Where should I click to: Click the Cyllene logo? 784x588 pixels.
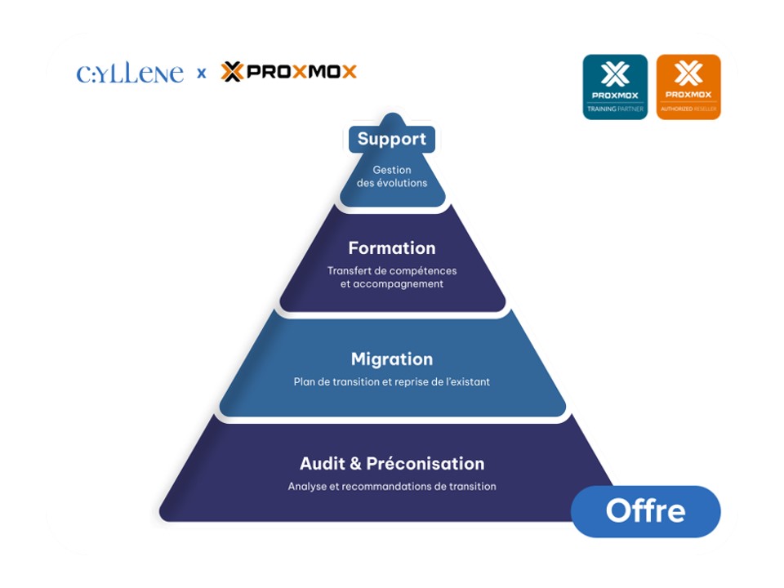(130, 73)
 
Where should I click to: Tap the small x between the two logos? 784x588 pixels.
(201, 73)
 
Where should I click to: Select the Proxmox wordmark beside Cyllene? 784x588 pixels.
(289, 72)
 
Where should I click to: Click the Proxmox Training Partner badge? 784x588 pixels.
(615, 87)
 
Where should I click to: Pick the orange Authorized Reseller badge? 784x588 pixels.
(688, 87)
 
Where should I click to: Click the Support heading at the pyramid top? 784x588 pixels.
(392, 139)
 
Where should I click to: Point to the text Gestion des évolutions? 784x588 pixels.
(392, 176)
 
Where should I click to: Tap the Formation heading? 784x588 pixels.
(392, 247)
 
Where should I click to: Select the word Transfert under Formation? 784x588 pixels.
(348, 270)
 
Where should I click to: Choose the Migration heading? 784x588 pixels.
(392, 359)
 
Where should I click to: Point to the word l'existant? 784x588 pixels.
(466, 381)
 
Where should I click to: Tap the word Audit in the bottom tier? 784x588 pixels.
(323, 464)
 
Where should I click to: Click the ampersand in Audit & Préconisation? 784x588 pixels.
(355, 464)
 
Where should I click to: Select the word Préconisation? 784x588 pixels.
(425, 464)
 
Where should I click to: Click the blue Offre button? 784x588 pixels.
(645, 511)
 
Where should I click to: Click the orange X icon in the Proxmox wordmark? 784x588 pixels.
(232, 72)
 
